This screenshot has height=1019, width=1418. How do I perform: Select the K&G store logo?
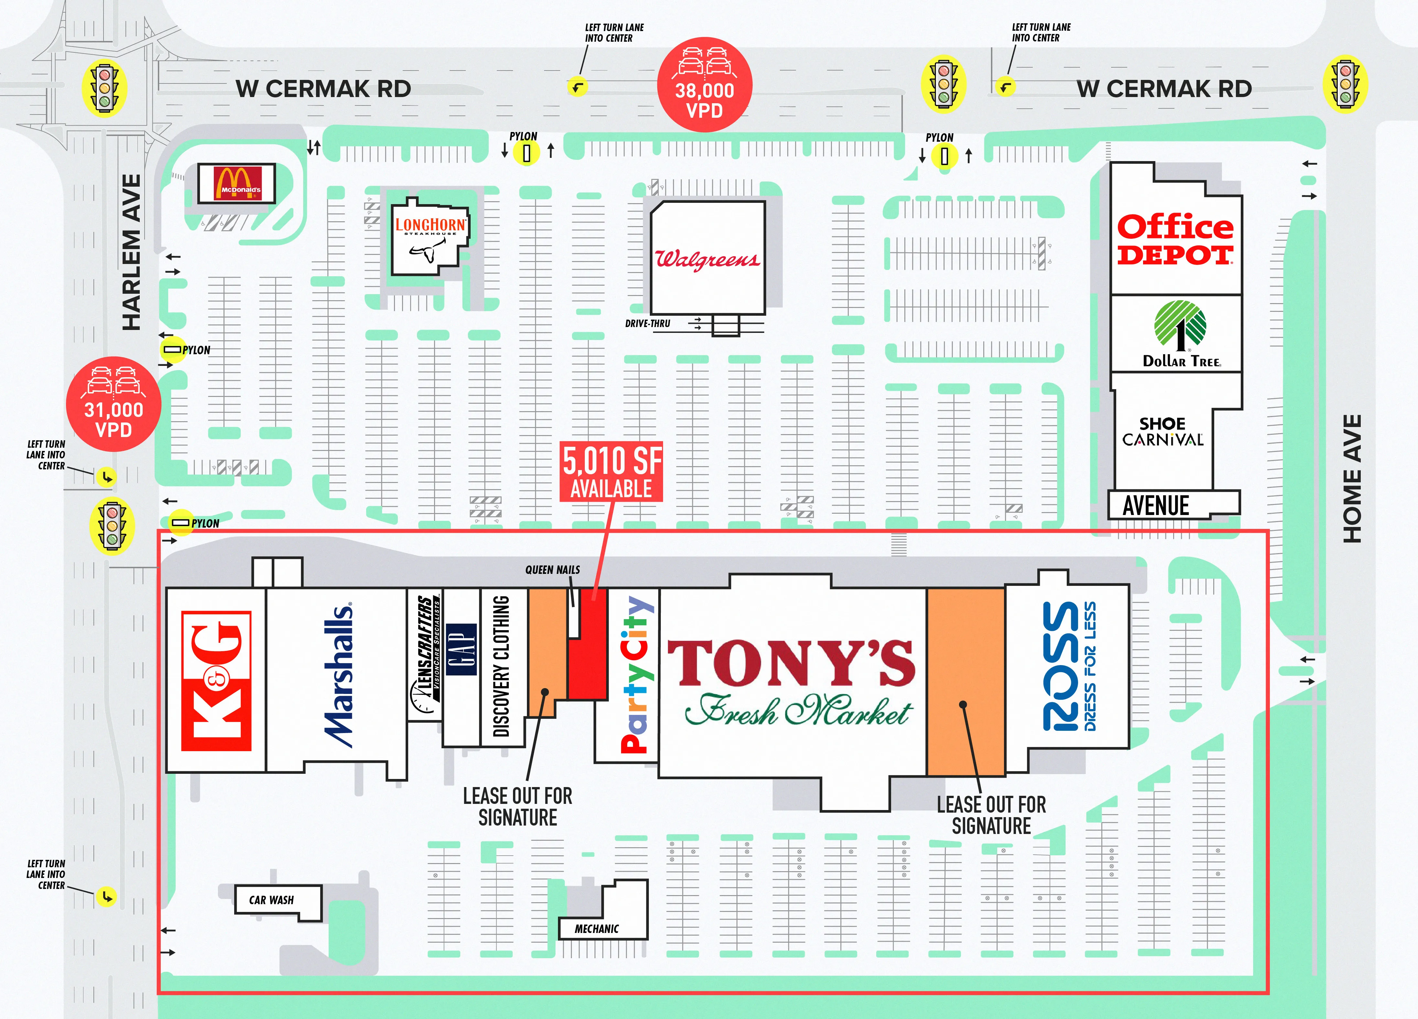pos(216,681)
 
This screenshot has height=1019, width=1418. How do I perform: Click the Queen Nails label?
pos(552,570)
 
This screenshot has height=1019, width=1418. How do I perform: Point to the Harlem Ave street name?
pos(131,252)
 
